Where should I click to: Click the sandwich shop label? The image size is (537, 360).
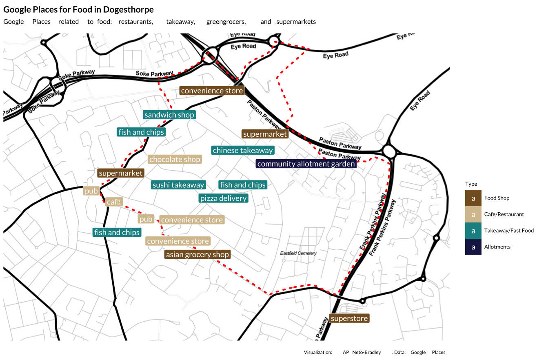coord(169,115)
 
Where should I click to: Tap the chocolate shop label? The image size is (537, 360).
coord(175,160)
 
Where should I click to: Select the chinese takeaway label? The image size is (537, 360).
coord(243,151)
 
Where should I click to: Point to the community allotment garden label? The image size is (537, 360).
coord(306,164)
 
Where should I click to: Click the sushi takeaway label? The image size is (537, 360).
coord(178,185)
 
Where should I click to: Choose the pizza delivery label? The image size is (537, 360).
coord(223,199)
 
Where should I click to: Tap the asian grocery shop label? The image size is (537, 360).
coord(197,255)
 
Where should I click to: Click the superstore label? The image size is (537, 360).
coord(349,319)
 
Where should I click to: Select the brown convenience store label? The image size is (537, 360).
coord(212,91)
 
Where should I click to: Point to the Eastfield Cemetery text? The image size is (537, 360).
coord(298,253)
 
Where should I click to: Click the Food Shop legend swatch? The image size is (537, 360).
coord(473,198)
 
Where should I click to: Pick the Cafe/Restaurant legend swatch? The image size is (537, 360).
coord(473,214)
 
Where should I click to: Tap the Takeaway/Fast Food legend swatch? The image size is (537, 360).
coord(473,231)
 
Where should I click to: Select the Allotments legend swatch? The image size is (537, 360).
coord(473,247)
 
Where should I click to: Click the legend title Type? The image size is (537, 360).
coord(471,184)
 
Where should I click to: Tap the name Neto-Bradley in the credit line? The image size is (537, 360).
coord(366,352)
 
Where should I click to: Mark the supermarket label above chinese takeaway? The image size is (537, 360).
coord(265,134)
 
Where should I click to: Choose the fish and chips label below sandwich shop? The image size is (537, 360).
coord(141,132)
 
